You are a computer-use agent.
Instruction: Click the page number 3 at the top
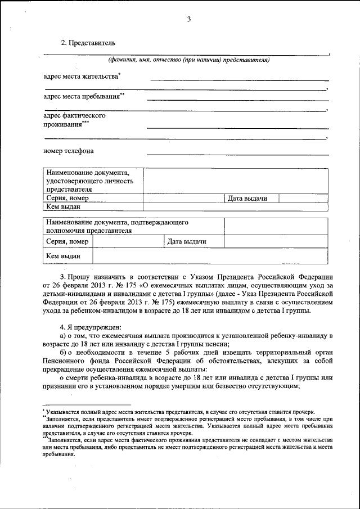pos(189,20)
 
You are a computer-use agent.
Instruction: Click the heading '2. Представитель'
pos(88,43)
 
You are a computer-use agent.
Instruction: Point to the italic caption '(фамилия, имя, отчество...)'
pos(189,60)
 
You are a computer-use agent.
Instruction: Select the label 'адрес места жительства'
pos(82,76)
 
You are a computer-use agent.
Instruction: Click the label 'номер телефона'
pos(69,151)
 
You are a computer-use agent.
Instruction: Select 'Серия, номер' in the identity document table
pos(67,199)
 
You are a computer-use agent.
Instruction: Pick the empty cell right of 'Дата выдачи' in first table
pos(303,199)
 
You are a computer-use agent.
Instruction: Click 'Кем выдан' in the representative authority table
pos(63,256)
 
